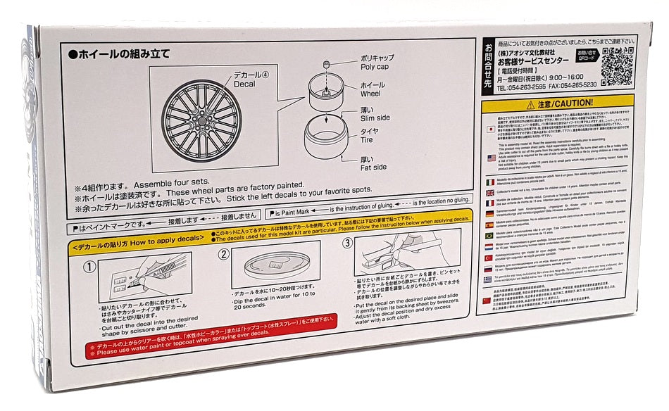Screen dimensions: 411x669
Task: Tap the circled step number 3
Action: pyautogui.click(x=346, y=244)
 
